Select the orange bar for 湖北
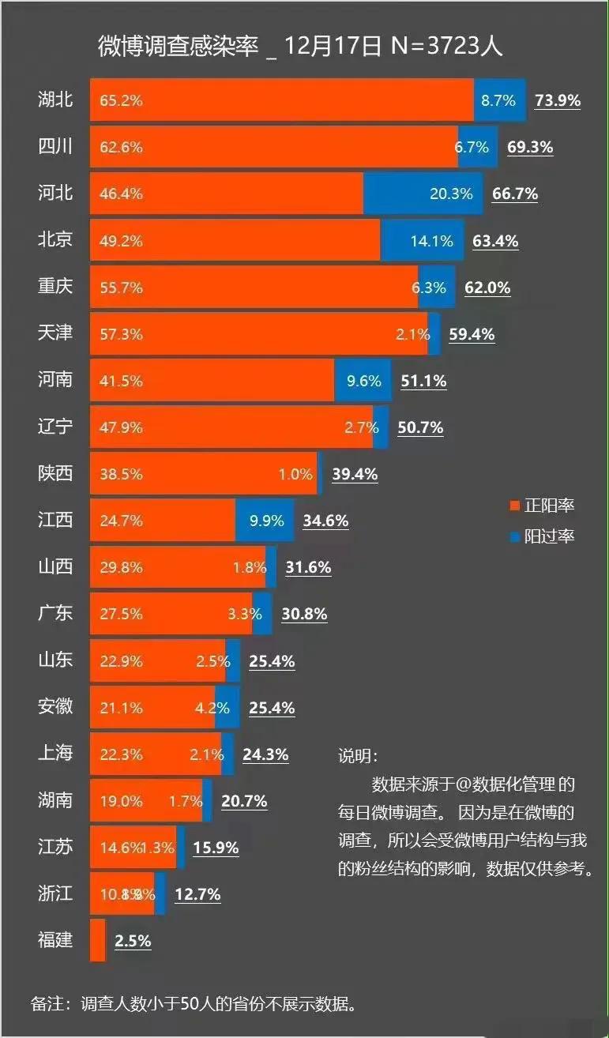point(281,100)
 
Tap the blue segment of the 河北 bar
point(423,194)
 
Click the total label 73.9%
point(557,100)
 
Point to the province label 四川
point(55,147)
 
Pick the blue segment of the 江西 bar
point(265,521)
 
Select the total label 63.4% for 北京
point(495,240)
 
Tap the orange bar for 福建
point(98,940)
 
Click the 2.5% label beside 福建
point(133,941)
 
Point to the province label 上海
point(55,754)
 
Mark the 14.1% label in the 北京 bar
point(431,241)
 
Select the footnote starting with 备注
point(193,1004)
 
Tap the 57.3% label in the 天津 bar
point(121,334)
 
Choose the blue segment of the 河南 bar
point(363,381)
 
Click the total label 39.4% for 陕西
point(355,474)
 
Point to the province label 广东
point(55,614)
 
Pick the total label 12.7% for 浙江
point(197,894)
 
